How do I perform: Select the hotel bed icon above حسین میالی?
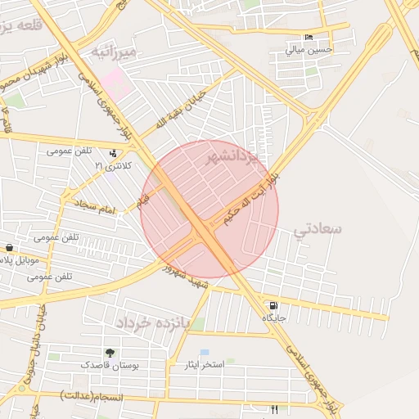coord(309,38)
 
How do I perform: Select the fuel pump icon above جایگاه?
coord(272,306)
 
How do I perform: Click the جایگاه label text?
coord(273,317)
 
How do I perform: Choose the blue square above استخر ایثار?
coord(205,353)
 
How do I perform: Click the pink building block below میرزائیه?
coord(116,81)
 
